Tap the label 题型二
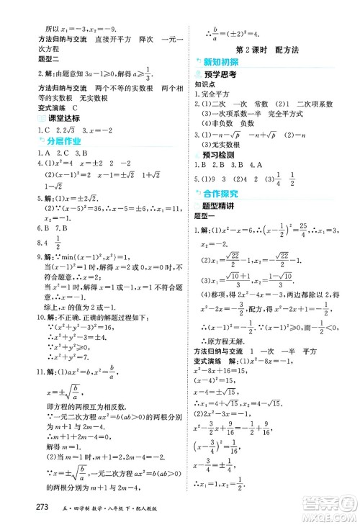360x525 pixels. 37,61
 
